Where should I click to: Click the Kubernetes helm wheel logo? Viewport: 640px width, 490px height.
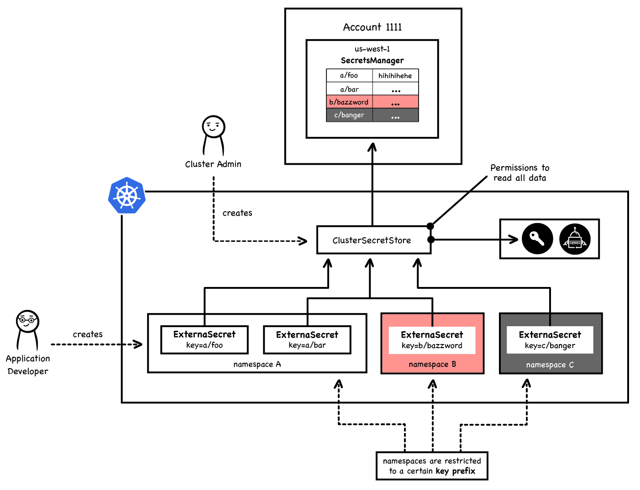(x=127, y=196)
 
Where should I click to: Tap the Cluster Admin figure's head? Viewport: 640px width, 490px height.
(x=214, y=126)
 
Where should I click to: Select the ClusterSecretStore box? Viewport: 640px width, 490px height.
(x=373, y=240)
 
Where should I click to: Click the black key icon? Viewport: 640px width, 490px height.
(x=537, y=239)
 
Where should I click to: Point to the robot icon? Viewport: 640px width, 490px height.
(x=575, y=239)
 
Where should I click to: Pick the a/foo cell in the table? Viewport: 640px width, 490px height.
(x=349, y=75)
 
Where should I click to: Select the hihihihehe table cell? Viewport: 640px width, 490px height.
(x=395, y=76)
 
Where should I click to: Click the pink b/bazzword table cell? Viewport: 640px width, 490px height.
(x=349, y=102)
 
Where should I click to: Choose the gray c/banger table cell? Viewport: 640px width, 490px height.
(x=349, y=115)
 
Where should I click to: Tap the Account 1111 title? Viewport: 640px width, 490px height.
(x=372, y=27)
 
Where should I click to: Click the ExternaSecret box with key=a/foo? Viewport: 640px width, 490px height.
(x=205, y=339)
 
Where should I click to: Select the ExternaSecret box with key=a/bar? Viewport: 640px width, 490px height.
(x=307, y=339)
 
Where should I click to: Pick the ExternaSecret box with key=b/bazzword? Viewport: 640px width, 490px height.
(x=432, y=340)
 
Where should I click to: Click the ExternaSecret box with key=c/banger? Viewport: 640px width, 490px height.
(x=550, y=340)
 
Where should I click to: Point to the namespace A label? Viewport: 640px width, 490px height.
(x=257, y=365)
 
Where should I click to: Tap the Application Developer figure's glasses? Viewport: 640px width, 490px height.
(x=27, y=320)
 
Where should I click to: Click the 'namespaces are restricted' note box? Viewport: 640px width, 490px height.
(x=432, y=466)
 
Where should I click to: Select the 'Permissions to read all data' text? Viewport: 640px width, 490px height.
(x=519, y=173)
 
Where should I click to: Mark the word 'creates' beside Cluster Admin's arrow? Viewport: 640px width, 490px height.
(x=237, y=213)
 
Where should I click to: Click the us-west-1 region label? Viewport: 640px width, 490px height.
(x=372, y=49)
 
